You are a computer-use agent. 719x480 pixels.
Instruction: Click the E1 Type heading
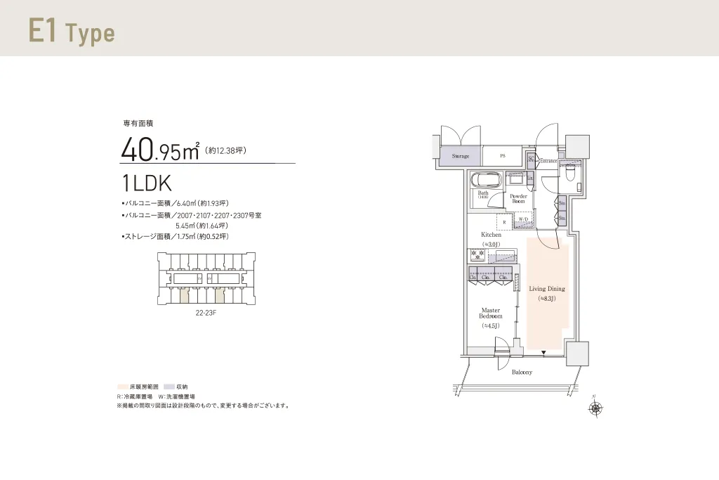pos(71,32)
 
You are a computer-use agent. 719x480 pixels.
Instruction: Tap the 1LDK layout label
pos(147,183)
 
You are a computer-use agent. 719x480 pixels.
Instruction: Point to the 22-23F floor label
pos(206,313)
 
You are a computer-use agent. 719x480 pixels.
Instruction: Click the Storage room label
pos(461,155)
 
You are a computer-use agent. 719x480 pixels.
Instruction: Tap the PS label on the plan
pos(502,155)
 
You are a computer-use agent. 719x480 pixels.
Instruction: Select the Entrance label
pos(548,161)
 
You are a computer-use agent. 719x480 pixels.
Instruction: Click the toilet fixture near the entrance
pos(569,171)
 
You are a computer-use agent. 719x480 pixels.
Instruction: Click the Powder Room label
pos(518,199)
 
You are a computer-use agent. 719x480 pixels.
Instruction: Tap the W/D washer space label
pos(523,220)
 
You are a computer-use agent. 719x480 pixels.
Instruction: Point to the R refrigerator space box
pos(503,222)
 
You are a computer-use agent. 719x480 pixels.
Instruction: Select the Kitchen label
pos(491,235)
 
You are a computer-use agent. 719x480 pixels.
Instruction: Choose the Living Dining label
pos(546,289)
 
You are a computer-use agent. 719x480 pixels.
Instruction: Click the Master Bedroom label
pos(491,313)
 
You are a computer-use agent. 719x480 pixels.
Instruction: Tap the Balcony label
pos(521,372)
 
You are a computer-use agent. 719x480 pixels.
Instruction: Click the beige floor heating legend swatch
pos(122,387)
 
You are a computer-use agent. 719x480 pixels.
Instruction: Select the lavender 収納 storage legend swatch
pos(169,387)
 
